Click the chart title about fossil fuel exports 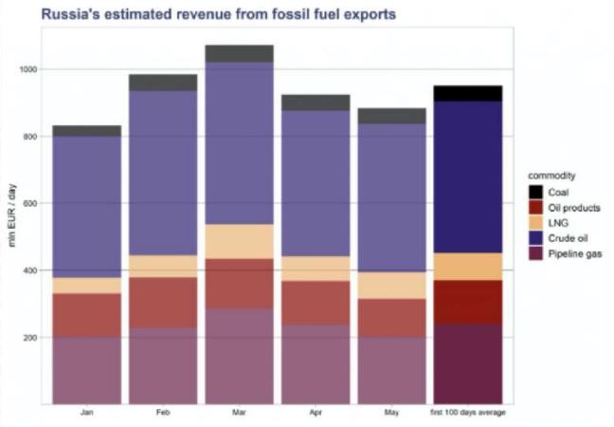coord(219,14)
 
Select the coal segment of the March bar coord(240,53)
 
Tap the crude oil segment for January coord(87,207)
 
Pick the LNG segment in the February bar coord(163,267)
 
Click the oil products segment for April coord(316,303)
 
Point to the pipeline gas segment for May coord(391,370)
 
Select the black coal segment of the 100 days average coord(468,93)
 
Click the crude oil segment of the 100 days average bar coord(468,177)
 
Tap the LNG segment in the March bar coord(240,241)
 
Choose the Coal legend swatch coord(535,192)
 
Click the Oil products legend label coord(574,208)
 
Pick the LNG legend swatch coord(535,223)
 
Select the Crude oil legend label coord(568,238)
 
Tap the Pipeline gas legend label coord(575,254)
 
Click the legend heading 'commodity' coord(551,176)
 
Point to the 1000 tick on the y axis coord(28,69)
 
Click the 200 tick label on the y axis coord(30,338)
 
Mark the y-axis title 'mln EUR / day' coord(12,215)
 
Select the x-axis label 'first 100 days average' coord(468,413)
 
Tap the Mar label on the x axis coord(240,413)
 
